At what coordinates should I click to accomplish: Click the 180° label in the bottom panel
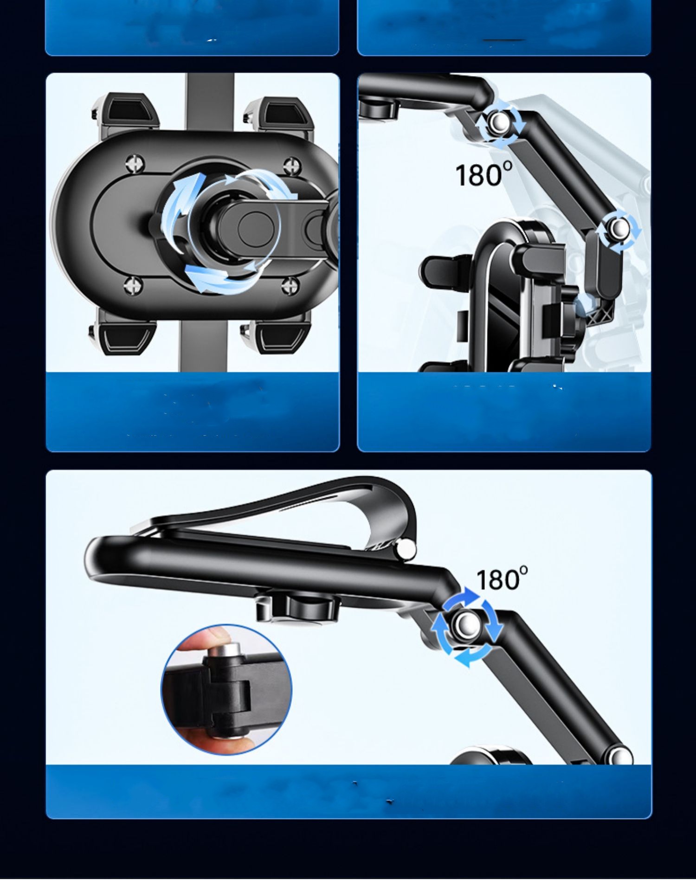tap(502, 578)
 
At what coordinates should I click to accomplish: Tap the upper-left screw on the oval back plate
tap(135, 164)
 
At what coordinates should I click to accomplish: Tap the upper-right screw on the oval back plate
tap(292, 166)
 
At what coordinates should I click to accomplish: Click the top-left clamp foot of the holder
tap(125, 114)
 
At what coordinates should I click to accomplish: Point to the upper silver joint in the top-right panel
tap(500, 123)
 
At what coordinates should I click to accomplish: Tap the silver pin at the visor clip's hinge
tap(406, 549)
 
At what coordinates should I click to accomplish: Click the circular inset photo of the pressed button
tap(226, 689)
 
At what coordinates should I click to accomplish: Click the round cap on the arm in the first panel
tap(256, 225)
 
